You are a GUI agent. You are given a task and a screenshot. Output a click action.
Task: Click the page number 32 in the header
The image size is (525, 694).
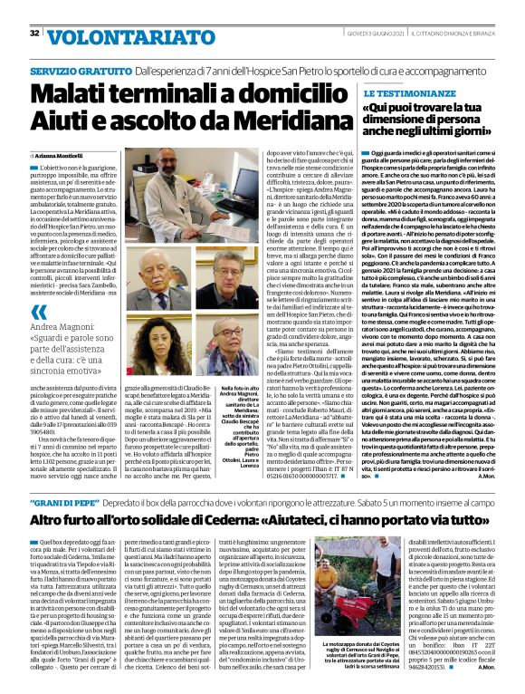(34, 34)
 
